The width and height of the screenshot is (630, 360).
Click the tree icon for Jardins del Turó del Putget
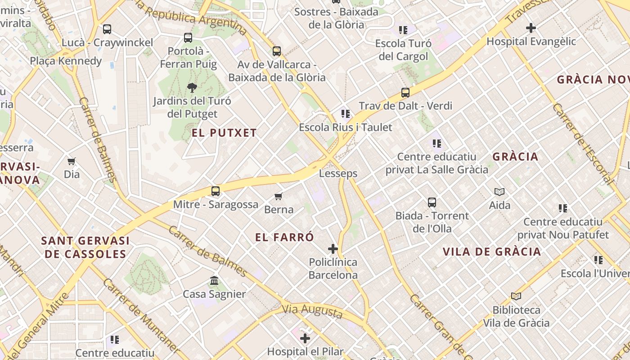tap(192, 87)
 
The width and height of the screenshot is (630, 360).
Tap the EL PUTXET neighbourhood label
tap(224, 133)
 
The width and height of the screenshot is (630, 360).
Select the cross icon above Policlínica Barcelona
tap(333, 248)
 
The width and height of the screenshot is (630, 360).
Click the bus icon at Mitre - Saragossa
tap(216, 191)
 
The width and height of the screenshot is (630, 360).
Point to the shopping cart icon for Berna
tap(279, 196)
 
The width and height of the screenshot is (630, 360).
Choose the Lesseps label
tap(338, 173)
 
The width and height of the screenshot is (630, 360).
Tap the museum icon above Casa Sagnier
tap(214, 281)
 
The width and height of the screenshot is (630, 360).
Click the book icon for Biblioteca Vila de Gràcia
tap(516, 296)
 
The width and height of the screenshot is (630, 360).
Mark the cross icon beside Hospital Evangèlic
tap(531, 28)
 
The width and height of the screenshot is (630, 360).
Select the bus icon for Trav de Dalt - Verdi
tap(405, 93)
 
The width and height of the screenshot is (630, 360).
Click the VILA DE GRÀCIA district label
tap(491, 252)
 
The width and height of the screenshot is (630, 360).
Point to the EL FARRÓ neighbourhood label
tap(284, 237)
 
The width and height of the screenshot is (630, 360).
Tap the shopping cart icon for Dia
tap(72, 161)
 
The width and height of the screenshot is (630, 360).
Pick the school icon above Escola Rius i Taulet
tap(345, 113)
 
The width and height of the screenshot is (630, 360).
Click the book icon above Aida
tap(499, 192)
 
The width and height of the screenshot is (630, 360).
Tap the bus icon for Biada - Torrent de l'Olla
tap(432, 202)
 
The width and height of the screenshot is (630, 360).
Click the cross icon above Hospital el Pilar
tap(305, 338)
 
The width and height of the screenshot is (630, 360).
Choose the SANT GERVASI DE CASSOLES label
tap(85, 247)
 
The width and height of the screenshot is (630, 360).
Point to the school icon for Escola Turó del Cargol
tap(403, 30)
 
